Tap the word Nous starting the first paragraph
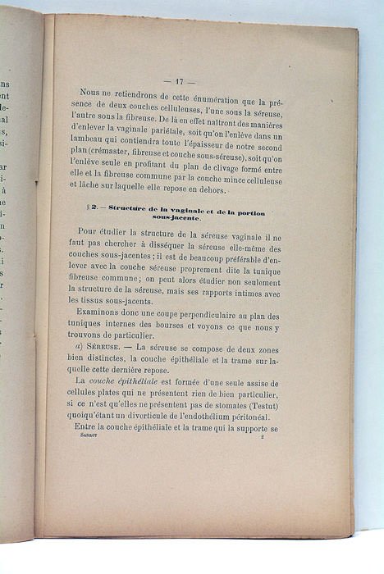[93, 103]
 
